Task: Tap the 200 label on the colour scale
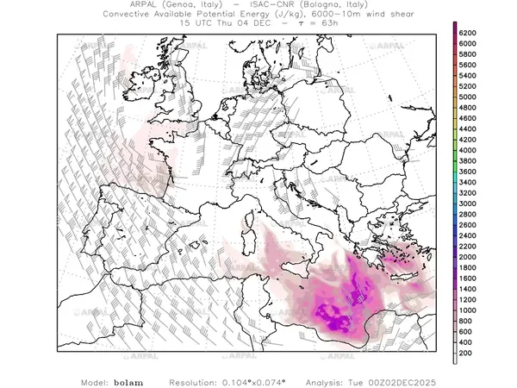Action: tap(466, 353)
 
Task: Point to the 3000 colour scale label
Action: tap(469, 203)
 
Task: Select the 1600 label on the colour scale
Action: tap(469, 278)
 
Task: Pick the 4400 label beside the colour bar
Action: tap(469, 129)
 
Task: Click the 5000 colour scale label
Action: tap(469, 97)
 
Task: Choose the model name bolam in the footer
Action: tap(128, 381)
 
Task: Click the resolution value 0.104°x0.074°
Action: tap(258, 381)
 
